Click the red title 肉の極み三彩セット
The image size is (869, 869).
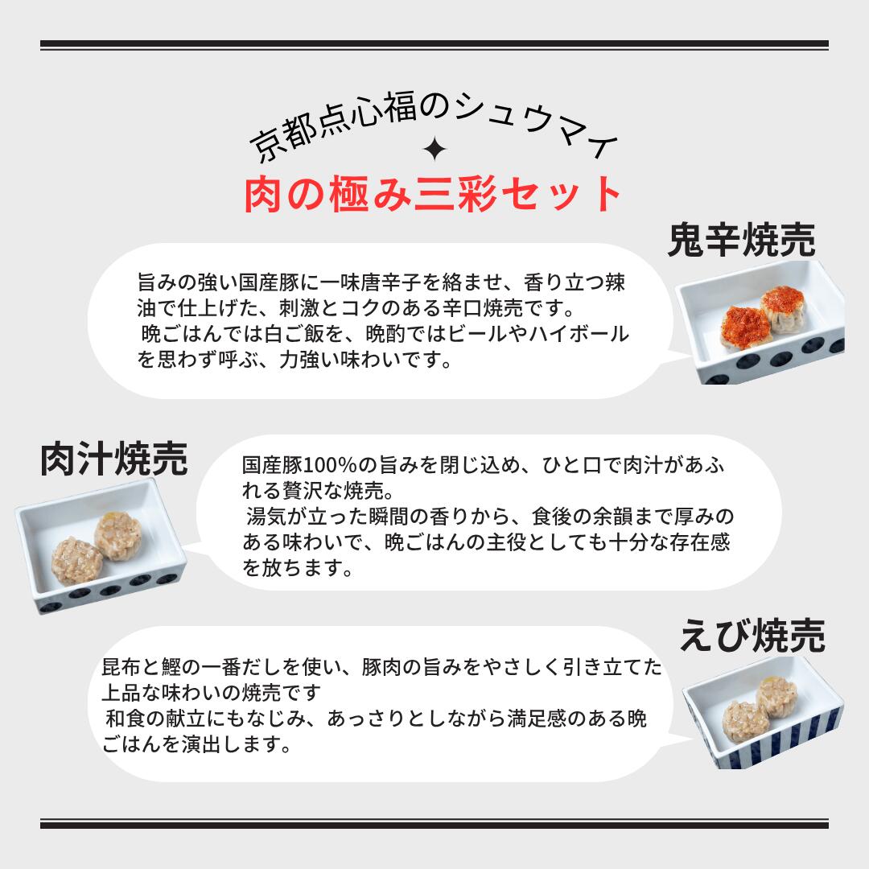[434, 194]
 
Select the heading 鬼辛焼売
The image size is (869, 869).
[741, 240]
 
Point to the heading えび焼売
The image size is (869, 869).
[752, 636]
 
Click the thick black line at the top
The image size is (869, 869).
[434, 44]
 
